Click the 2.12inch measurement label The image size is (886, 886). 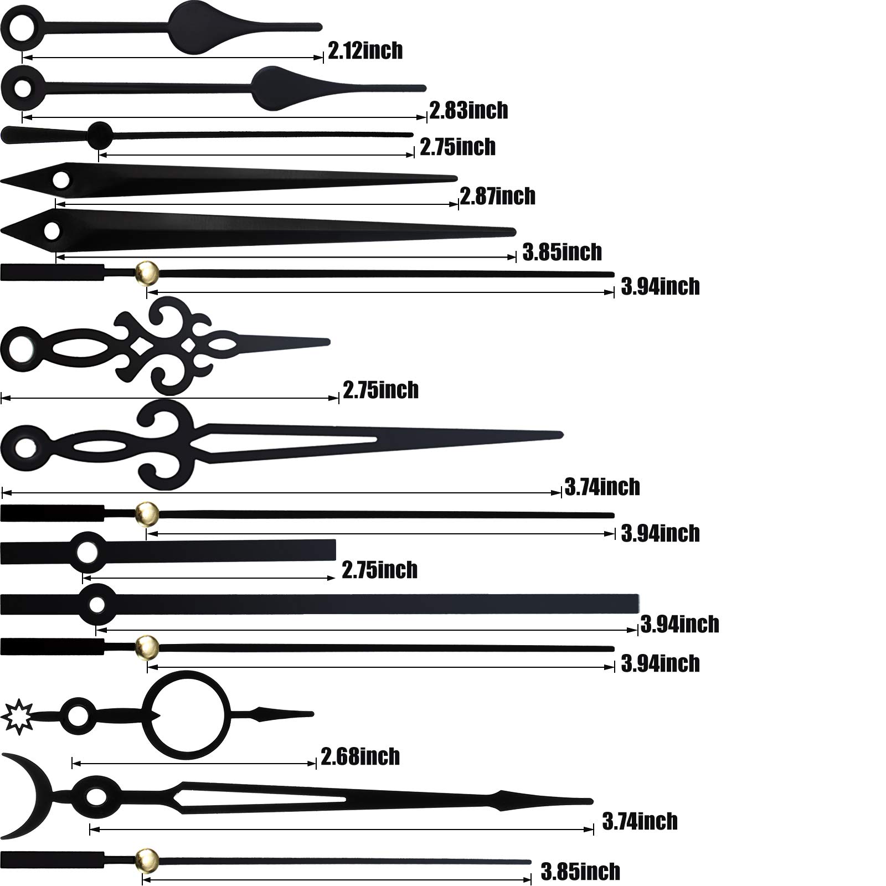[x=365, y=51]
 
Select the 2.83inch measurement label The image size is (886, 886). [x=469, y=110]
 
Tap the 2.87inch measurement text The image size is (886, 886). [x=497, y=196]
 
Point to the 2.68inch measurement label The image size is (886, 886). [x=360, y=756]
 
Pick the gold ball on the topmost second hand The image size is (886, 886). [x=147, y=272]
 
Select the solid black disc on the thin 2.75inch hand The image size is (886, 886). [x=100, y=135]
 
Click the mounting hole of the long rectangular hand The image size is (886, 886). [x=97, y=605]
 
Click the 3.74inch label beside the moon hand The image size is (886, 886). [x=640, y=821]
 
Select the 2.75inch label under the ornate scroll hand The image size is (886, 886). [x=381, y=390]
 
